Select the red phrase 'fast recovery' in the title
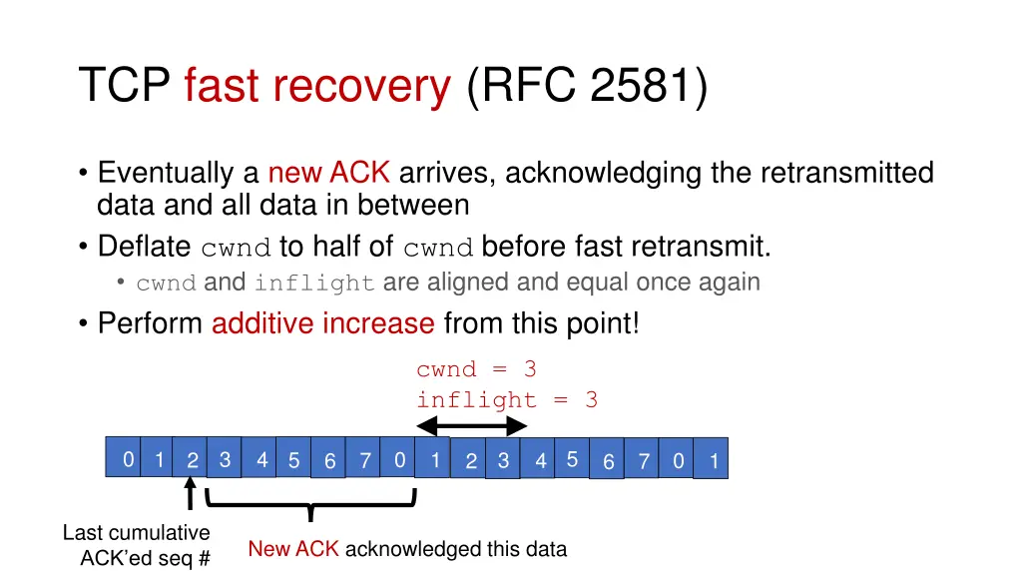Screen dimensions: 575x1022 (x=317, y=87)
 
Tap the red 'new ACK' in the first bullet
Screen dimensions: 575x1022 (x=328, y=174)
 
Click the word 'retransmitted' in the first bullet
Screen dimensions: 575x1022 (x=846, y=174)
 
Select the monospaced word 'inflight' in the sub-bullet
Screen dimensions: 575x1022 (x=314, y=284)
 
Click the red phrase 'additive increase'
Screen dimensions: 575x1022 (x=322, y=323)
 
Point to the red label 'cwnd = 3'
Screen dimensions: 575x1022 (x=476, y=369)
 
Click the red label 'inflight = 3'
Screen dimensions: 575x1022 (x=507, y=400)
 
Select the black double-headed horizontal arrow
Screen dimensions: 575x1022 (x=471, y=426)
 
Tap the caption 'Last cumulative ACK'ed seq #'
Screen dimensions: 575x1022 (x=137, y=545)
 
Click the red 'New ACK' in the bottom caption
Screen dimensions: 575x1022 (x=293, y=549)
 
